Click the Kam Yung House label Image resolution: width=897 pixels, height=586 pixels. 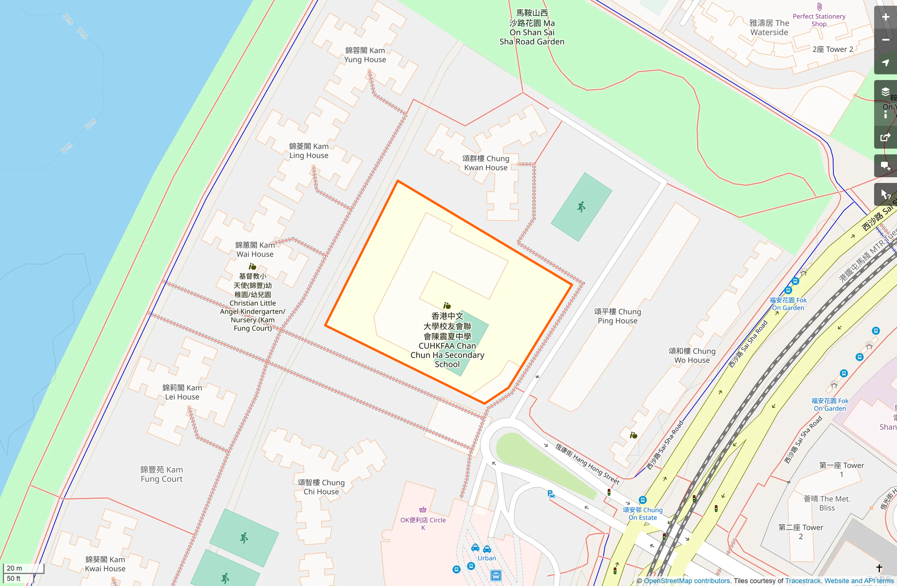[365, 55]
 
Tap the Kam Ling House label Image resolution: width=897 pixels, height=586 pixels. [309, 151]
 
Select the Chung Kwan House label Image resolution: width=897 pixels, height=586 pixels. [486, 163]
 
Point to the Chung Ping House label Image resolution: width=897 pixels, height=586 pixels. [618, 316]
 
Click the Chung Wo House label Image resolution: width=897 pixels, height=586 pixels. [692, 355]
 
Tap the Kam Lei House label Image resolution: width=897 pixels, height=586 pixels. [182, 392]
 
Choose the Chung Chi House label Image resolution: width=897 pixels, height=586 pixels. [321, 487]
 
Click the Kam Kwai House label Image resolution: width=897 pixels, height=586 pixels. [105, 564]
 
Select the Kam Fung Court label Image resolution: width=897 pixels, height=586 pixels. [161, 474]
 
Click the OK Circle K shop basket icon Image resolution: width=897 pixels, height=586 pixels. [422, 509]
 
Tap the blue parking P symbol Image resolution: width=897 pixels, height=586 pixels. [551, 494]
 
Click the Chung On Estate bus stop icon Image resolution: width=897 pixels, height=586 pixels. [642, 500]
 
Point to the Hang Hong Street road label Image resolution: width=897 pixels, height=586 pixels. [587, 463]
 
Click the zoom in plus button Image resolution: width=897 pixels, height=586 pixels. [885, 18]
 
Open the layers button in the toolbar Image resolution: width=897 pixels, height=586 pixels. [885, 91]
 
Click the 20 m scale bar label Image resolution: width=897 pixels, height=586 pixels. [15, 568]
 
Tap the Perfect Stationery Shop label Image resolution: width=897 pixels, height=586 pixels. [819, 20]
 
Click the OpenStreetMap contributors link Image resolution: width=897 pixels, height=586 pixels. [687, 581]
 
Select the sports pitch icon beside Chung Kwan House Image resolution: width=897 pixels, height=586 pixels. [581, 207]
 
